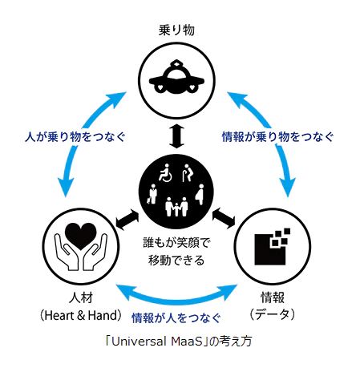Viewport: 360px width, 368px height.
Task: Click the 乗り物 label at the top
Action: [x=176, y=30]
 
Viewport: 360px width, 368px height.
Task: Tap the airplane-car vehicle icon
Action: [x=176, y=79]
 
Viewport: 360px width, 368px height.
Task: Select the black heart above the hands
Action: [x=81, y=236]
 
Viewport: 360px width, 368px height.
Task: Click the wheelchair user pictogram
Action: [x=165, y=173]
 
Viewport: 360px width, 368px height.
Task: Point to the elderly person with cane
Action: [x=187, y=173]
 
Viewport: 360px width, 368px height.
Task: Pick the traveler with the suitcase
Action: [x=152, y=194]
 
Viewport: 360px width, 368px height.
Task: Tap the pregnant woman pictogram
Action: [x=200, y=195]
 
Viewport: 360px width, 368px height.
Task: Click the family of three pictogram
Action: [x=176, y=207]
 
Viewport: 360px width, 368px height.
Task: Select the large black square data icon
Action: [x=270, y=249]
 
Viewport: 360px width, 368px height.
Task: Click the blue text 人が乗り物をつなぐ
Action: [x=75, y=137]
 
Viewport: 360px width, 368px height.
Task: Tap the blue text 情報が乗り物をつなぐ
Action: [x=277, y=137]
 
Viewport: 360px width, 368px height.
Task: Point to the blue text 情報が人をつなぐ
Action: [x=176, y=318]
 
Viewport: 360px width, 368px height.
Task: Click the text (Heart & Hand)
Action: [x=81, y=315]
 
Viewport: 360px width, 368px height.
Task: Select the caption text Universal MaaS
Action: [x=157, y=342]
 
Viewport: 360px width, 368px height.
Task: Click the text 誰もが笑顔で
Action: [x=176, y=243]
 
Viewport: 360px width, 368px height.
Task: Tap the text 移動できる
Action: [x=176, y=260]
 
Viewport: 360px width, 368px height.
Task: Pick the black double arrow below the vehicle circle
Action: [x=176, y=137]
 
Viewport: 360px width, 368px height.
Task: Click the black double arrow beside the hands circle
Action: [x=127, y=219]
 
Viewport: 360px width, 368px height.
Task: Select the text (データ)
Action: [x=273, y=315]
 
